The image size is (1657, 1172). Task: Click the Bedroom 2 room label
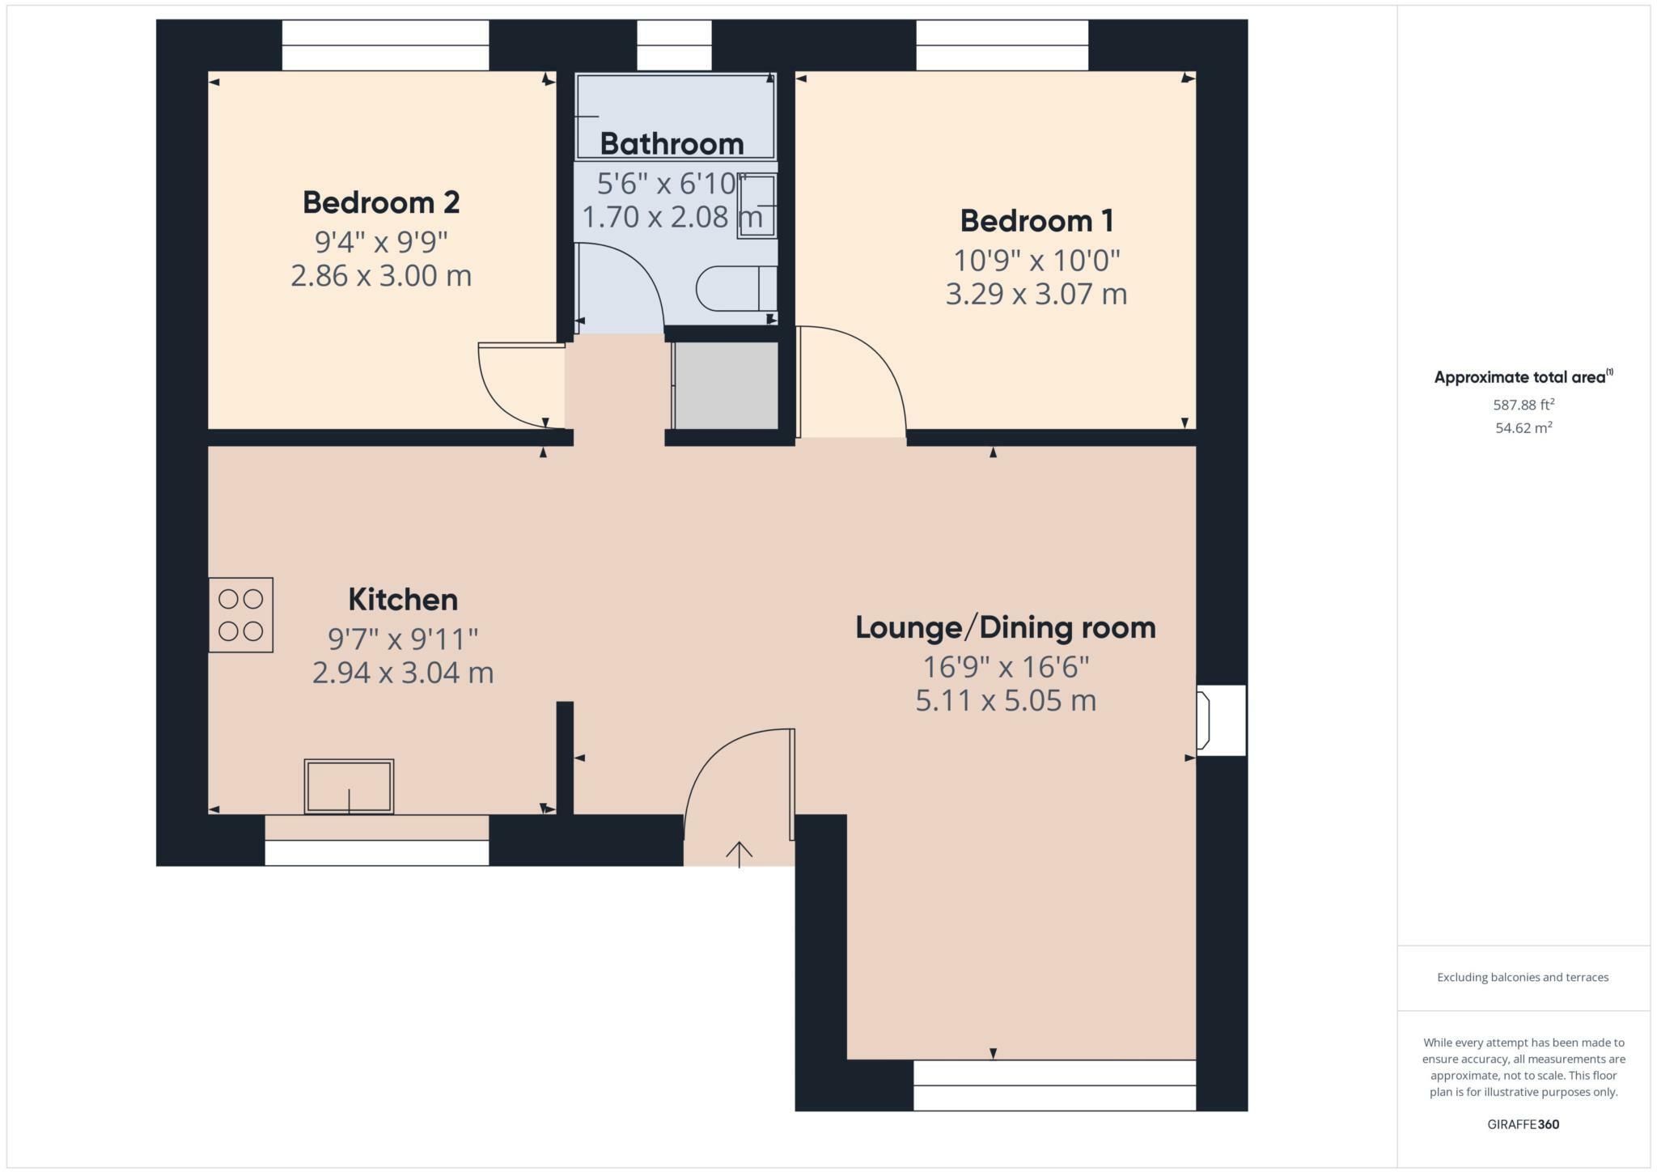coord(381,202)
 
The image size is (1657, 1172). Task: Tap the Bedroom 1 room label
coord(1036,220)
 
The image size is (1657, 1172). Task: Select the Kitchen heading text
coord(403,600)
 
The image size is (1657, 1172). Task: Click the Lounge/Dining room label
coord(1006,627)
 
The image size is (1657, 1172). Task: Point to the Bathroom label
coord(672,144)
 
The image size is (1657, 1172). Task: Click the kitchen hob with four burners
coord(241,615)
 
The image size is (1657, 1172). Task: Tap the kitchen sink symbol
coord(349,786)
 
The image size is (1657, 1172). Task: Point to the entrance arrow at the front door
coord(739,852)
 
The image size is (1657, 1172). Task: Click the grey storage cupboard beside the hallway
coord(726,385)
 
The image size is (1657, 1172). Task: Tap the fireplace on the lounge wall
coord(1219,720)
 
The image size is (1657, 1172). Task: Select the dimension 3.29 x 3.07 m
coord(1036,294)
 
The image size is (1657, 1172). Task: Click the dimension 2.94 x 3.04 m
coord(403,673)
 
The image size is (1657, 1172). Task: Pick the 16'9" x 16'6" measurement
coord(1006,668)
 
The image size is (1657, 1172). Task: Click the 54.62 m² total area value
coord(1523,428)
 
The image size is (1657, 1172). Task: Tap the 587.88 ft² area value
coord(1523,404)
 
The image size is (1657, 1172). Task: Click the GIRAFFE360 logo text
coord(1523,1124)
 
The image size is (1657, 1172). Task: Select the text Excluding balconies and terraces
coord(1523,978)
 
